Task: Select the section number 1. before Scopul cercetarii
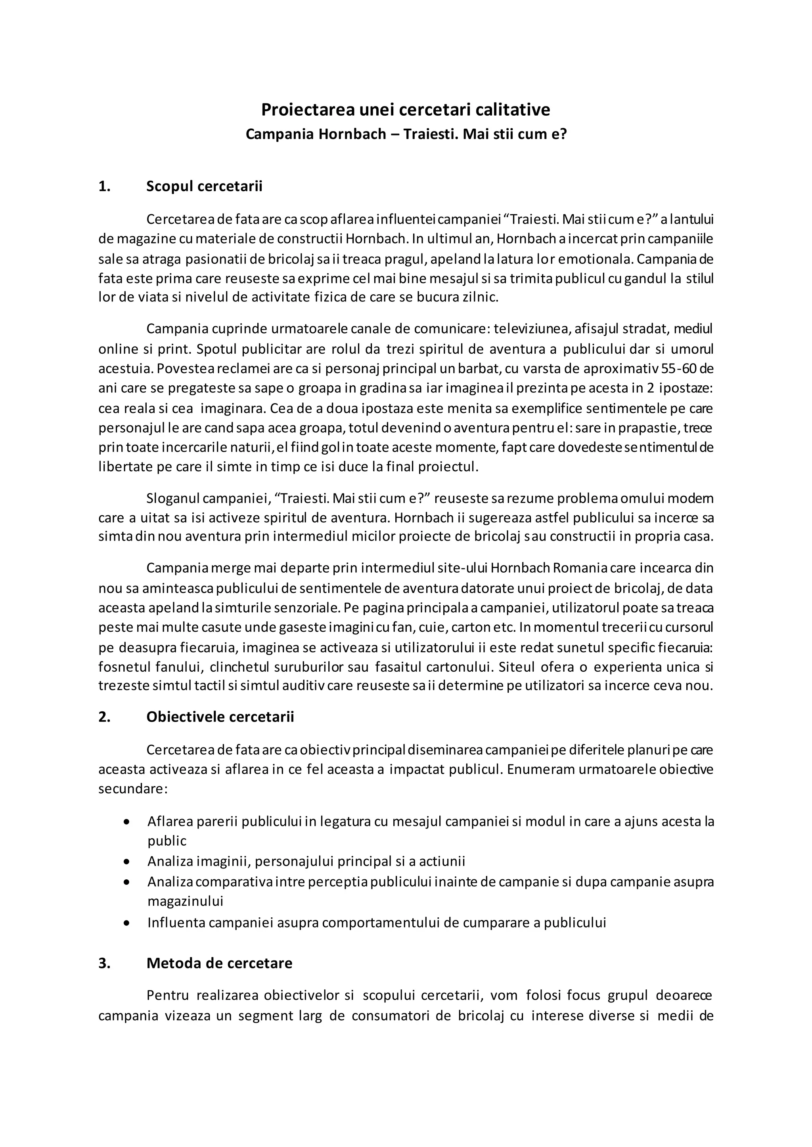(105, 186)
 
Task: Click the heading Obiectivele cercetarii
(220, 716)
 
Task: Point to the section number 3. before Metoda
(105, 963)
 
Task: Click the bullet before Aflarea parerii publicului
(128, 822)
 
